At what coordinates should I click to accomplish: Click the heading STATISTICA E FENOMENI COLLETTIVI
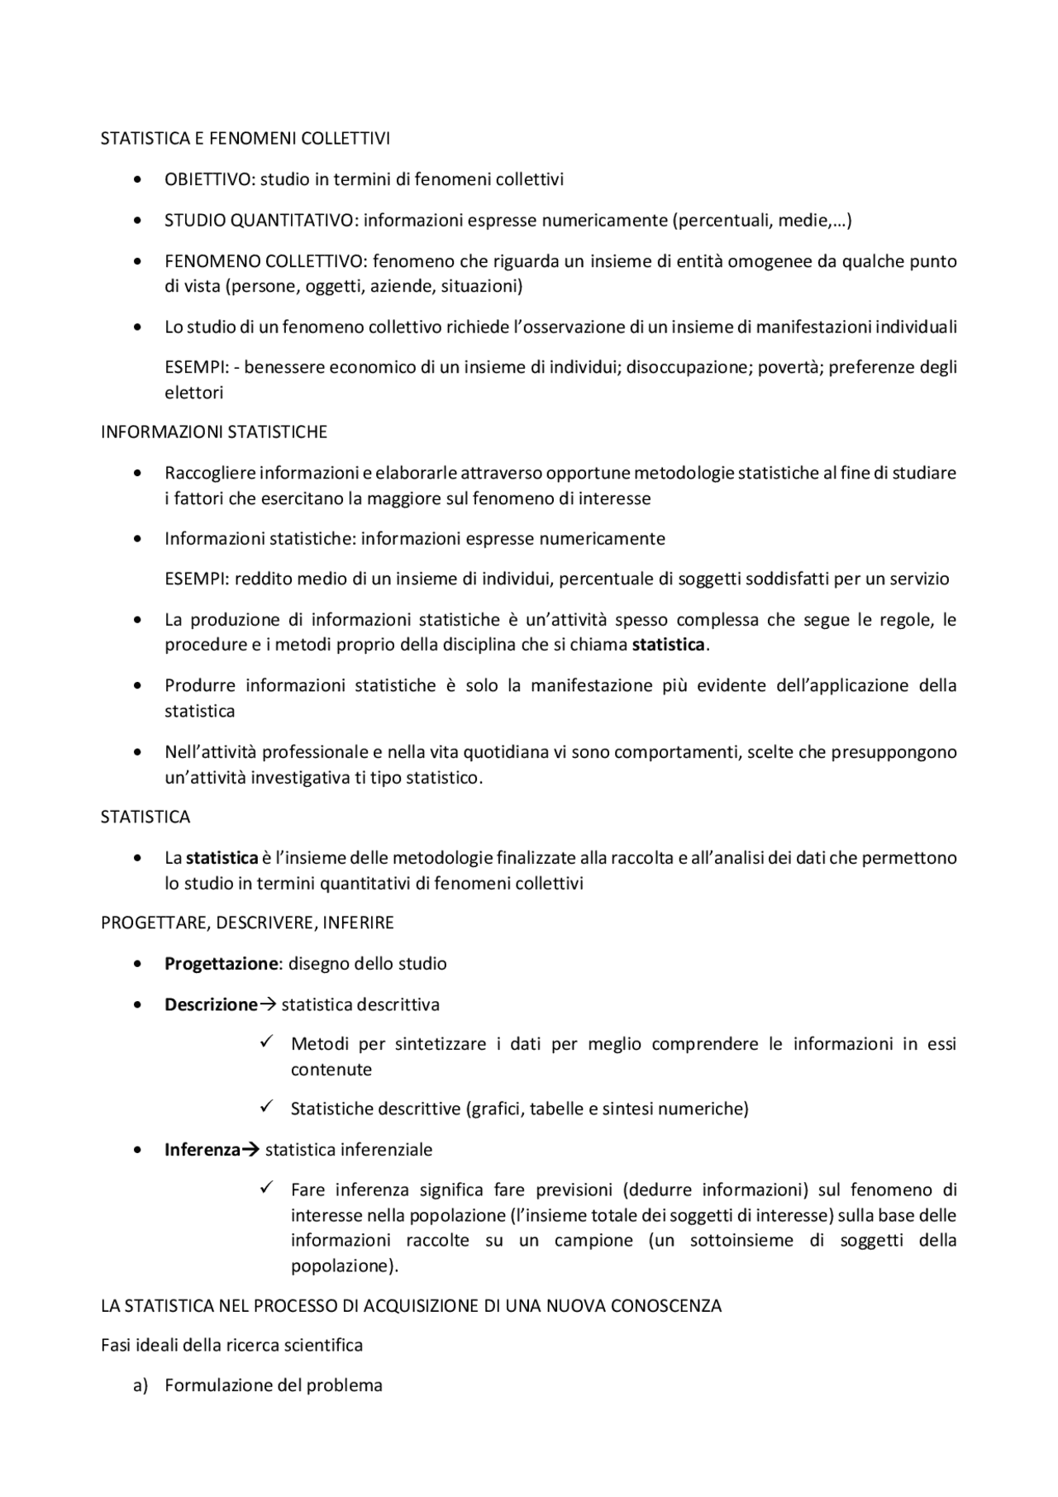click(x=245, y=138)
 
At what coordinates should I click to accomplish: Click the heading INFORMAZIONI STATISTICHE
click(x=213, y=431)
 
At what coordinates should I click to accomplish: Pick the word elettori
click(x=193, y=393)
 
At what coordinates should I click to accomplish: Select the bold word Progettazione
click(x=220, y=964)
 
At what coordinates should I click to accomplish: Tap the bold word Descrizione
click(x=211, y=1005)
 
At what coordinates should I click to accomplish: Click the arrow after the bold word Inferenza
click(x=250, y=1150)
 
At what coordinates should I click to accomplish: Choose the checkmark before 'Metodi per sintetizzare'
click(x=267, y=1043)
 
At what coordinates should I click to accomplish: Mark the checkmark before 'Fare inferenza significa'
click(x=267, y=1189)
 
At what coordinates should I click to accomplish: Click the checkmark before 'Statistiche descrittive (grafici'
click(x=267, y=1108)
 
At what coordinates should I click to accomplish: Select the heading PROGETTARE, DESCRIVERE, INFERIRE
click(x=247, y=923)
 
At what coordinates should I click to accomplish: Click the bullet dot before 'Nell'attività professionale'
click(x=137, y=753)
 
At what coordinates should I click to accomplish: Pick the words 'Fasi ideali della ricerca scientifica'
click(x=231, y=1345)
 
